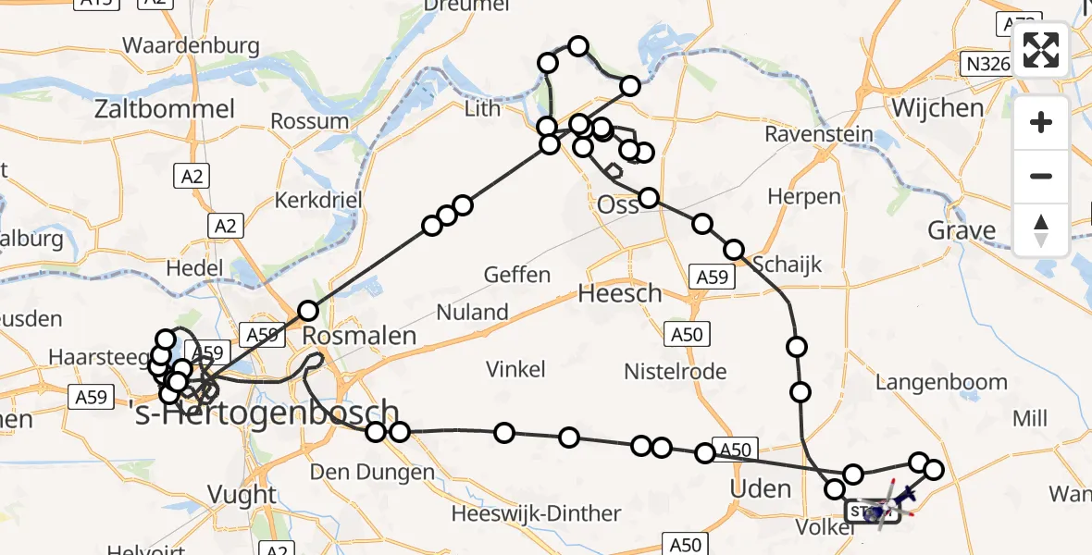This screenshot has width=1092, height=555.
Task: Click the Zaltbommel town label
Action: click(165, 109)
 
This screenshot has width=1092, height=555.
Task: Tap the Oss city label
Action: click(618, 204)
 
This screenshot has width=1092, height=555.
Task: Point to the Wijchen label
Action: click(937, 107)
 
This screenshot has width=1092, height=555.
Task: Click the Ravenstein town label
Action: click(819, 134)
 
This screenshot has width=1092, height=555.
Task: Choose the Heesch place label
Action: click(620, 294)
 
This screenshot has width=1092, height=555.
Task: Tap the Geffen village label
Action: click(517, 275)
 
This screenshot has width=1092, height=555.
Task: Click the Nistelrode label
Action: click(675, 372)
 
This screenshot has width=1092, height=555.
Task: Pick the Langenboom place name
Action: click(941, 381)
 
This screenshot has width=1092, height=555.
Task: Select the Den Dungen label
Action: click(372, 473)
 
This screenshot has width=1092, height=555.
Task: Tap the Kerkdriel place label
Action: click(317, 201)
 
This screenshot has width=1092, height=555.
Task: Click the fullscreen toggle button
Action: click(1041, 51)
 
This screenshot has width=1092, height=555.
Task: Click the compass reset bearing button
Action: click(1041, 230)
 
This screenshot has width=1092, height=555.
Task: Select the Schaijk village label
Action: click(787, 265)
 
